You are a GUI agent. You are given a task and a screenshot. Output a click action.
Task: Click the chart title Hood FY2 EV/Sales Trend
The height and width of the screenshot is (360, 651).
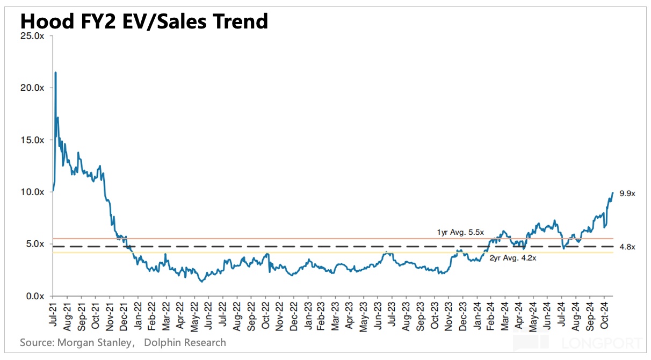tap(144, 21)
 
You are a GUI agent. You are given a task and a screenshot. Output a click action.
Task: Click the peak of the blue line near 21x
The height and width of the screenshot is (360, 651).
tap(55, 73)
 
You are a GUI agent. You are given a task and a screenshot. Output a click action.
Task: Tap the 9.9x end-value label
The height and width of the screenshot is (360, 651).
tap(627, 193)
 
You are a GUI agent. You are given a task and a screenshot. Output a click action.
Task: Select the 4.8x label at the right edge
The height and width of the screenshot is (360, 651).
tap(627, 247)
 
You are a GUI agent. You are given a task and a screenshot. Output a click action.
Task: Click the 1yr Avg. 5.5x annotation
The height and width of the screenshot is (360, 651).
tap(460, 233)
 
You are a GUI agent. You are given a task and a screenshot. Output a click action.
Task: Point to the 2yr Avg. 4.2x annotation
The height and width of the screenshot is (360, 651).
tap(512, 258)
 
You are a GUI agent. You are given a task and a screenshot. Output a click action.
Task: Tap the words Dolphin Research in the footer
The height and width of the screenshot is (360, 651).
tap(186, 342)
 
